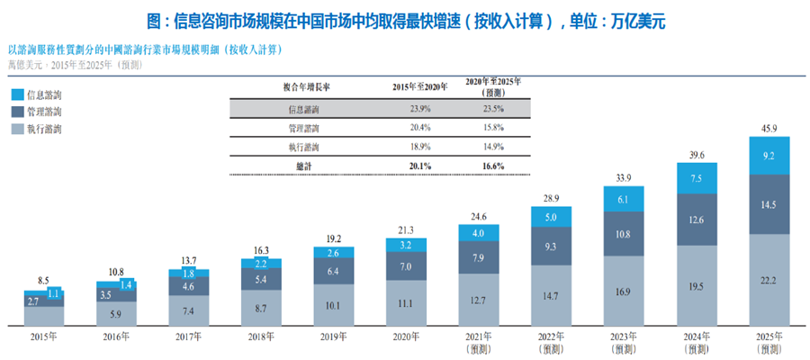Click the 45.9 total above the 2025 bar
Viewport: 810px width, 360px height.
(x=769, y=127)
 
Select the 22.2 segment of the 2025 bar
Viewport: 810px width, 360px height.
(x=769, y=281)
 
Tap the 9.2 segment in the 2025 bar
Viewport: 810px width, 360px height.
(x=769, y=156)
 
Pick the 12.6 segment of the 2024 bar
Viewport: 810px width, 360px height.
(x=697, y=220)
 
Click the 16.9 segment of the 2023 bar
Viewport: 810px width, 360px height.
(x=624, y=291)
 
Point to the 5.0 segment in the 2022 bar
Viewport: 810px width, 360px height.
(x=551, y=217)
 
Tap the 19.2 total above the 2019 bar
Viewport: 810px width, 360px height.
(x=333, y=240)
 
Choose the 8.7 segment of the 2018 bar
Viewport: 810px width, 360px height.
(x=260, y=309)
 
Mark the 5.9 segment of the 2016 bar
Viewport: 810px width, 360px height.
(x=115, y=314)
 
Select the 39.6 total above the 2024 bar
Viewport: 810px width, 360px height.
(x=697, y=154)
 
